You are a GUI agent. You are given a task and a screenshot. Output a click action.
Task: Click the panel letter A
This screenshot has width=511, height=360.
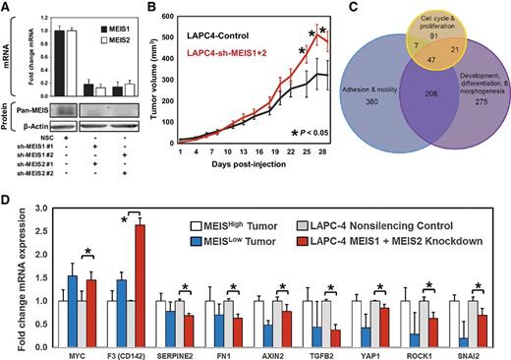click(x=7, y=8)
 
